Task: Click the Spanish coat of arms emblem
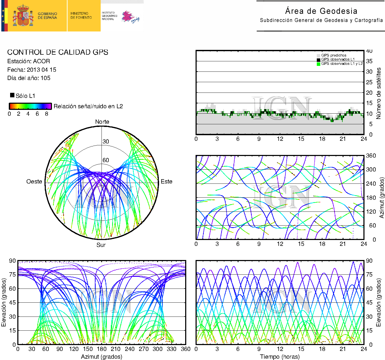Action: pyautogui.click(x=23, y=15)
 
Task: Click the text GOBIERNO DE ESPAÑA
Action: pyautogui.click(x=47, y=16)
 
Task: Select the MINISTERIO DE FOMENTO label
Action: pyautogui.click(x=81, y=15)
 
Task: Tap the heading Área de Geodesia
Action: pyautogui.click(x=321, y=11)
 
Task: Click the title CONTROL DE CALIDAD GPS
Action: pyautogui.click(x=58, y=52)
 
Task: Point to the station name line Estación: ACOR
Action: pyautogui.click(x=29, y=61)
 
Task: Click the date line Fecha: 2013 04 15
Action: pyautogui.click(x=32, y=70)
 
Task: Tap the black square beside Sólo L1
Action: pyautogui.click(x=12, y=95)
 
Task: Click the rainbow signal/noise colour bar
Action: pyautogui.click(x=30, y=106)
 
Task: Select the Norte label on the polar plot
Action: pyautogui.click(x=102, y=122)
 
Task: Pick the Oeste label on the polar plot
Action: pyautogui.click(x=34, y=181)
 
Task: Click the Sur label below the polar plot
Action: pyautogui.click(x=101, y=245)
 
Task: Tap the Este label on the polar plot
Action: pyautogui.click(x=167, y=181)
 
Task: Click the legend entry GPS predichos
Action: pyautogui.click(x=334, y=55)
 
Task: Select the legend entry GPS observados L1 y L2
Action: pyautogui.click(x=342, y=63)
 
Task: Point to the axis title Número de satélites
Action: pyautogui.click(x=378, y=93)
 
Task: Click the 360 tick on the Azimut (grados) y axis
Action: pyautogui.click(x=371, y=156)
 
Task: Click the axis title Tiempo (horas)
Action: pyautogui.click(x=280, y=357)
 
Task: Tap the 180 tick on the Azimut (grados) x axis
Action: pyautogui.click(x=102, y=349)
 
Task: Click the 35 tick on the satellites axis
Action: pyautogui.click(x=369, y=61)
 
